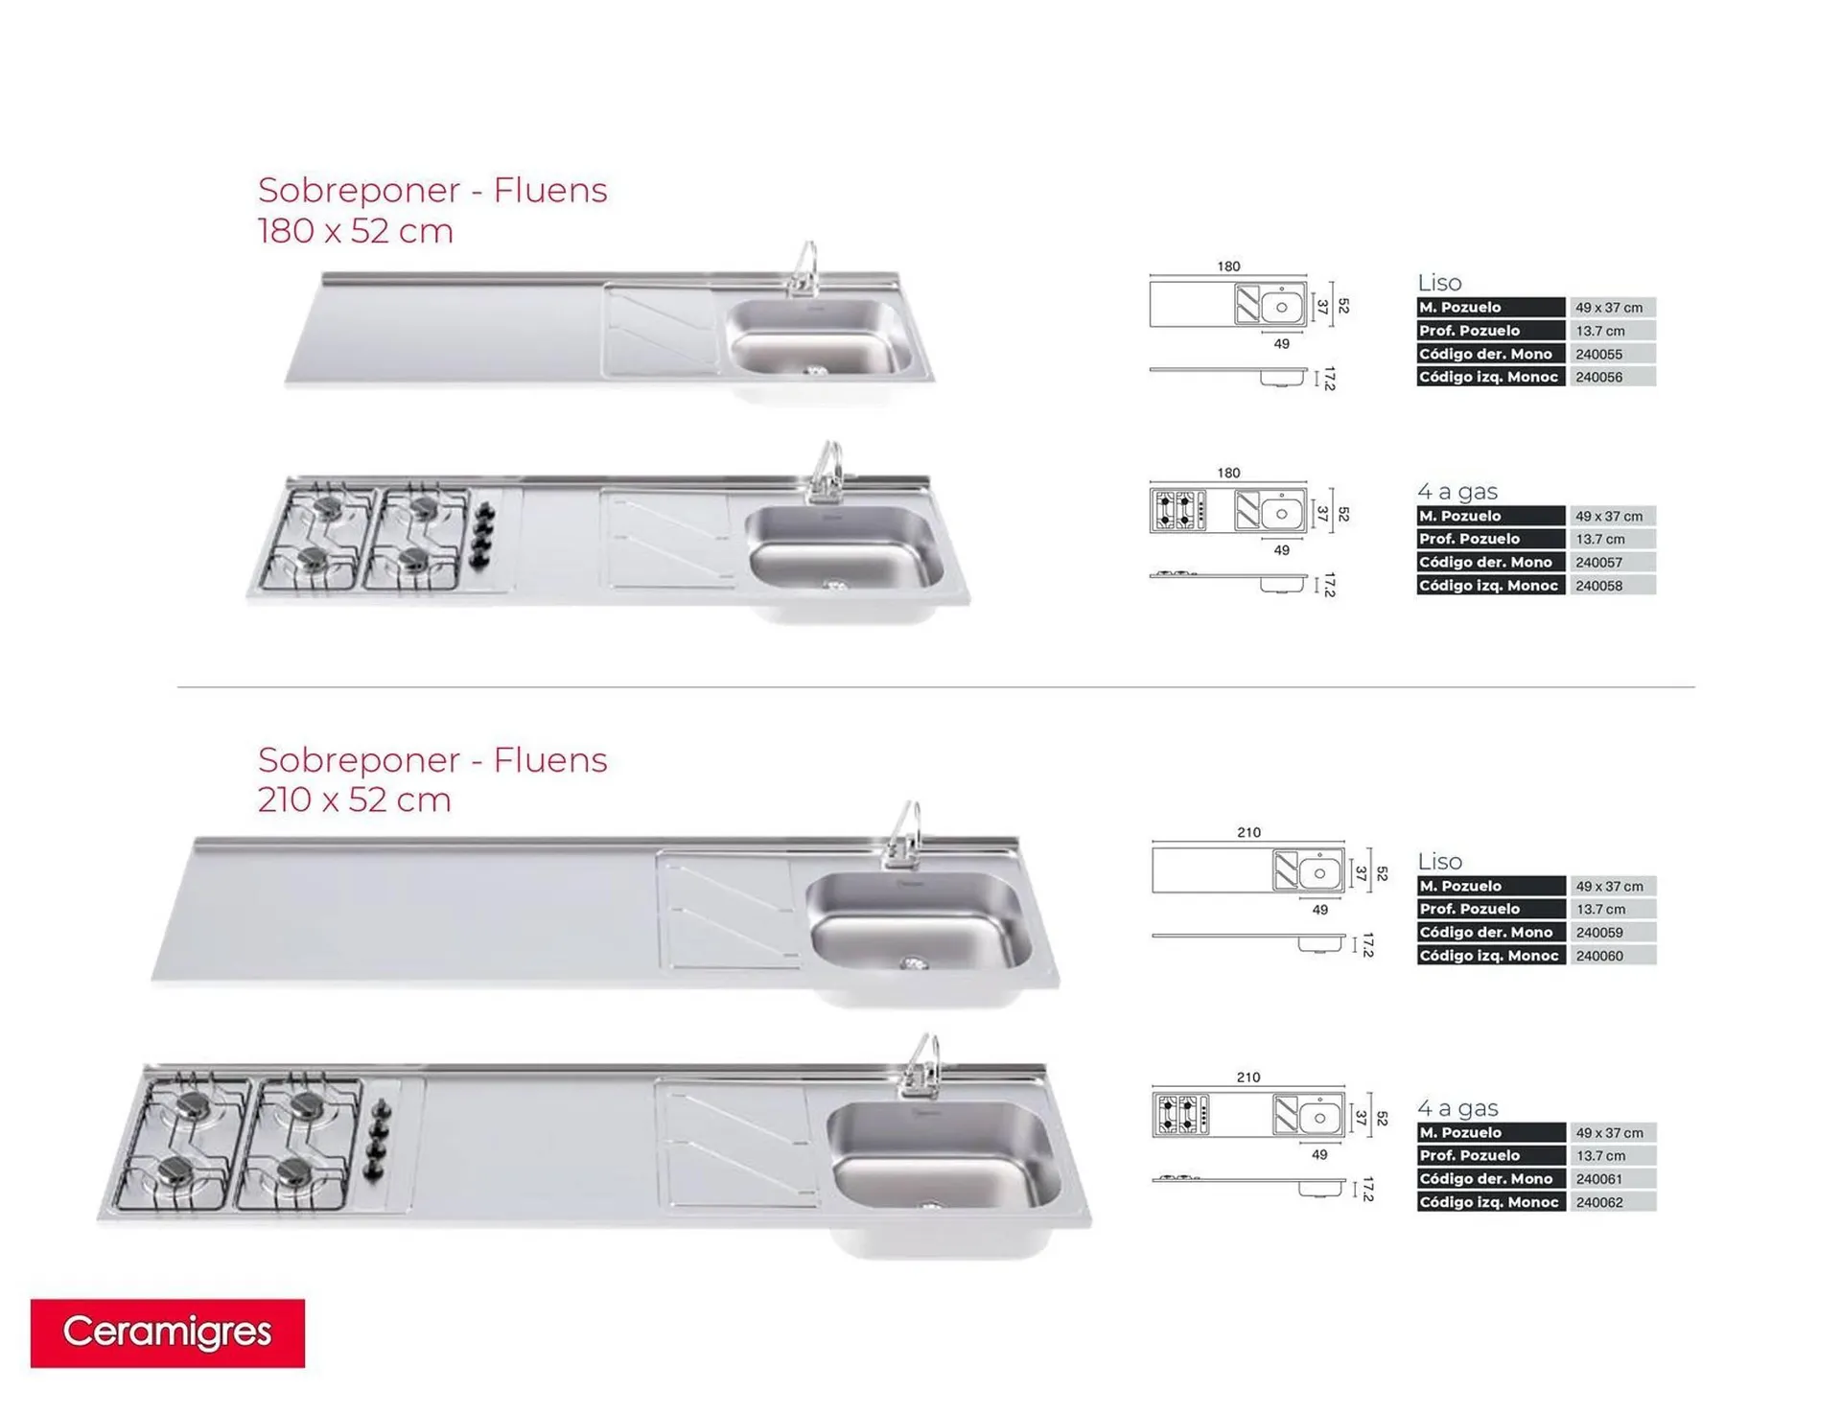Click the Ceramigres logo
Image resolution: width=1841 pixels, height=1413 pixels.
pyautogui.click(x=168, y=1332)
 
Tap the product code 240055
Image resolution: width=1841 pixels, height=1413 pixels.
pyautogui.click(x=1599, y=354)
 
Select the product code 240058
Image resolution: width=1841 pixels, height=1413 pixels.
pyautogui.click(x=1599, y=586)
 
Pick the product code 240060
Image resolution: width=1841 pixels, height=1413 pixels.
pyautogui.click(x=1599, y=956)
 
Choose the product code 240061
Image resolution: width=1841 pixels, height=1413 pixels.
pyautogui.click(x=1599, y=1179)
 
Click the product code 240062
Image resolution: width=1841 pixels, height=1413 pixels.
pyautogui.click(x=1599, y=1202)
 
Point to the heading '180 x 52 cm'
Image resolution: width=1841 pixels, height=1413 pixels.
pyautogui.click(x=356, y=231)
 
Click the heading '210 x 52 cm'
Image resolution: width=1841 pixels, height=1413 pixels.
pyautogui.click(x=355, y=799)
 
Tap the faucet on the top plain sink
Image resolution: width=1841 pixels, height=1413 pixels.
pyautogui.click(x=804, y=269)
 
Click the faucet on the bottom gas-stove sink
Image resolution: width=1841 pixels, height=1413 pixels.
pyautogui.click(x=921, y=1065)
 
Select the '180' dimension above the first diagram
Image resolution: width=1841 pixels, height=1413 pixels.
pyautogui.click(x=1228, y=266)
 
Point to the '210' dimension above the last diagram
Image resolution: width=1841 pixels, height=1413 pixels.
pyautogui.click(x=1248, y=1077)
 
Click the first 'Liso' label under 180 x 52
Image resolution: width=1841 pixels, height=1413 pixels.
pyautogui.click(x=1439, y=283)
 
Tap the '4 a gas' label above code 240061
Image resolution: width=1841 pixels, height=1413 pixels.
pyautogui.click(x=1457, y=1108)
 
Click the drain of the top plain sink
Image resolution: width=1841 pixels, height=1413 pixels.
pyautogui.click(x=815, y=370)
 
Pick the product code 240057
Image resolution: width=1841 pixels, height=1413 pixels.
pyautogui.click(x=1599, y=563)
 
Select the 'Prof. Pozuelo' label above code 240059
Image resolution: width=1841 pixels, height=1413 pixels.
pyautogui.click(x=1470, y=909)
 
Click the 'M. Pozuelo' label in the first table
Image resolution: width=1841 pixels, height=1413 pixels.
pyautogui.click(x=1460, y=308)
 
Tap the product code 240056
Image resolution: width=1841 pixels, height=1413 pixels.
pyautogui.click(x=1599, y=377)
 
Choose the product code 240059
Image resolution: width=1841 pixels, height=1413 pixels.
pyautogui.click(x=1599, y=933)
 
